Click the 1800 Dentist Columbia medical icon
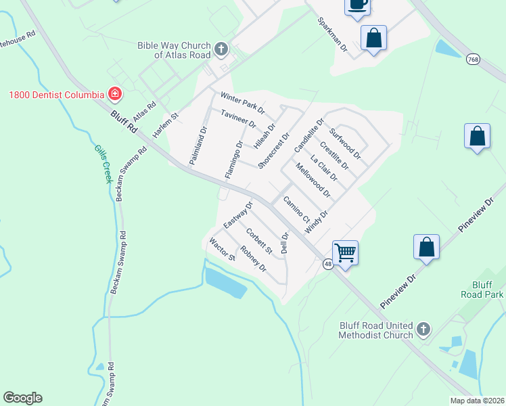point(115,93)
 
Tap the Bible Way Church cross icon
point(221,49)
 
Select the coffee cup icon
point(357,5)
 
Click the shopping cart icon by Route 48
point(345,254)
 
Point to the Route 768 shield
point(472,60)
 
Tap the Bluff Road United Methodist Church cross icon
point(423,329)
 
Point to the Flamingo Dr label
point(234,160)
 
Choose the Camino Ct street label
point(296,210)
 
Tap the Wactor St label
point(222,249)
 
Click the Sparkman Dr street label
point(332,35)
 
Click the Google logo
point(22,398)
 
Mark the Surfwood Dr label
point(345,143)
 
